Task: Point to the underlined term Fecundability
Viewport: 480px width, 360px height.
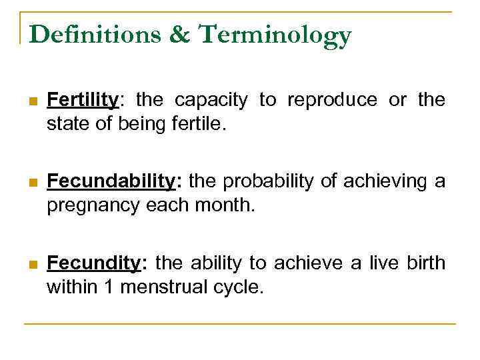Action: (x=111, y=182)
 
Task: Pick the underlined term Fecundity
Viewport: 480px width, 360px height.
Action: (x=95, y=264)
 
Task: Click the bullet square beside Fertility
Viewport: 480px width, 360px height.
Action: (x=32, y=101)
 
